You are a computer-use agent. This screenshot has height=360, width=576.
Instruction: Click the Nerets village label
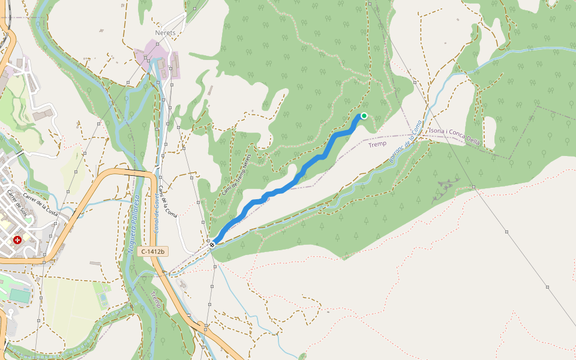pyautogui.click(x=164, y=33)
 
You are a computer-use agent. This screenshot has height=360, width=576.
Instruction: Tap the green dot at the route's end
pyautogui.click(x=364, y=116)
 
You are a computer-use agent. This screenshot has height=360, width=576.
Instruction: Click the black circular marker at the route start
pyautogui.click(x=212, y=245)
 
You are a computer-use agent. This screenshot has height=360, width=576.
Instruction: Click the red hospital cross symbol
pyautogui.click(x=17, y=240)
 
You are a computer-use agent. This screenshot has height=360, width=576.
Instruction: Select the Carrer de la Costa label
pyautogui.click(x=40, y=200)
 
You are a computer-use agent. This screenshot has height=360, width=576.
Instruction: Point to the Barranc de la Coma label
pyautogui.click(x=403, y=142)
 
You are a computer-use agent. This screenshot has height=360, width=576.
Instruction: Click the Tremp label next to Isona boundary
pyautogui.click(x=377, y=145)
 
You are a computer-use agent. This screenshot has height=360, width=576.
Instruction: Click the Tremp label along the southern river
pyautogui.click(x=156, y=300)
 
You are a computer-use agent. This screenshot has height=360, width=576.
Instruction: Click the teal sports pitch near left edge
pyautogui.click(x=20, y=296)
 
